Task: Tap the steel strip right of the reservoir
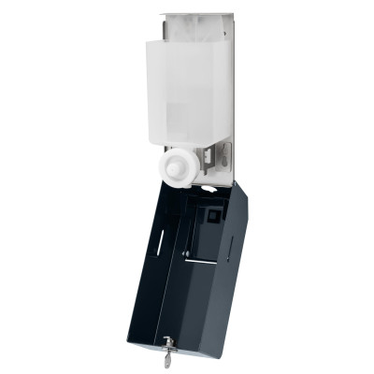(x=225, y=93)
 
